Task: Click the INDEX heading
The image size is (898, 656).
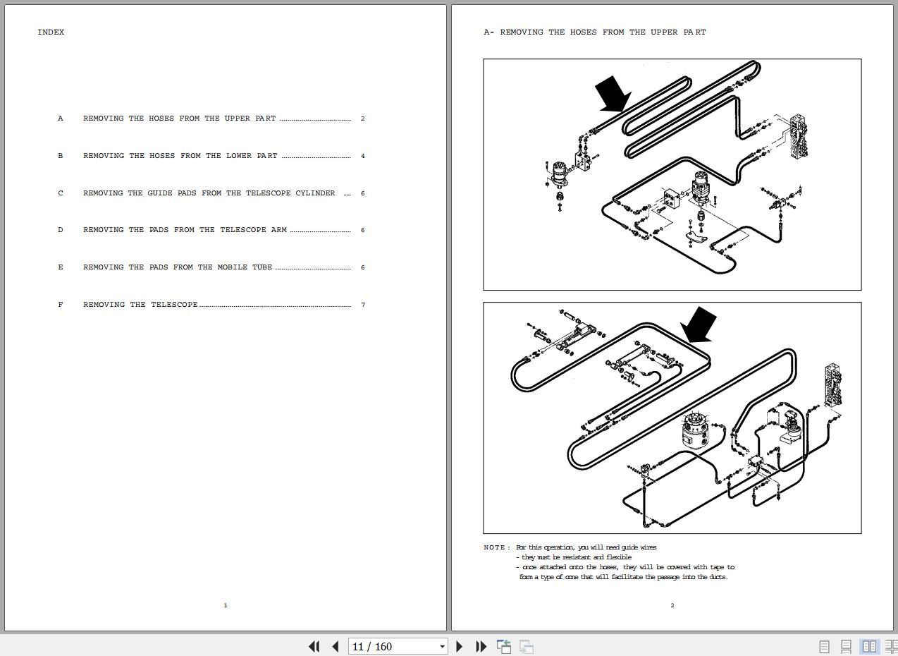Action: [51, 32]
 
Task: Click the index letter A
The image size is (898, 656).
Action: [61, 119]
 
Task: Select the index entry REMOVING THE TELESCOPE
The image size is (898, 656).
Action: [140, 305]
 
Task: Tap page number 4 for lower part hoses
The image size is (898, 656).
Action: [363, 156]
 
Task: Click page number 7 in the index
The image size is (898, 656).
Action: [363, 305]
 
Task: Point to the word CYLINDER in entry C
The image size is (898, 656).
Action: [315, 193]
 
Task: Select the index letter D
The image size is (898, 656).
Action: [61, 230]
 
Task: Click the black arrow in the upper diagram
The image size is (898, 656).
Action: [613, 94]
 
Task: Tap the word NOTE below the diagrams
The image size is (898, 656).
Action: [495, 547]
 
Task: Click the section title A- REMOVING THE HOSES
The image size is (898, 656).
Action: [594, 32]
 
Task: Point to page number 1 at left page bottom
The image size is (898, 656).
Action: [226, 605]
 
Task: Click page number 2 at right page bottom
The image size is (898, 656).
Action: [672, 605]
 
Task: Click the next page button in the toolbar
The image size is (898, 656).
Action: [460, 646]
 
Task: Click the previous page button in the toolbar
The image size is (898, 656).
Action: [336, 646]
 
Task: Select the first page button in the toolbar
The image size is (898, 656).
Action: [314, 646]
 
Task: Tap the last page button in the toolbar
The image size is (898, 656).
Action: [481, 646]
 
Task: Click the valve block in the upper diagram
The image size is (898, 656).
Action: [799, 136]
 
